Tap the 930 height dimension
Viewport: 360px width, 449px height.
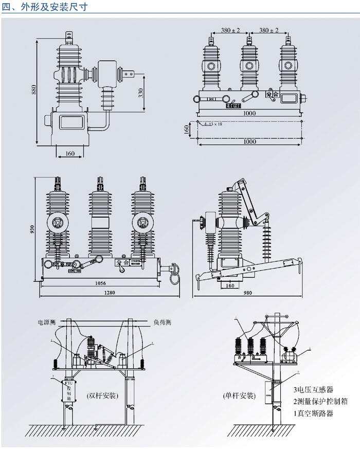[33, 229]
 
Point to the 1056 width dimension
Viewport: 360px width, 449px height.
[101, 283]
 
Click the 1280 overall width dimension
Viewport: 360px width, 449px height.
[110, 293]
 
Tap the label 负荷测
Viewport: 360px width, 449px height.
[163, 322]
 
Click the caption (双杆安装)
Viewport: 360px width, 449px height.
[102, 396]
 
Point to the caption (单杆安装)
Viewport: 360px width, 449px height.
[240, 396]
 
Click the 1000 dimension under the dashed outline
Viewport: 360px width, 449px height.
[249, 141]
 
